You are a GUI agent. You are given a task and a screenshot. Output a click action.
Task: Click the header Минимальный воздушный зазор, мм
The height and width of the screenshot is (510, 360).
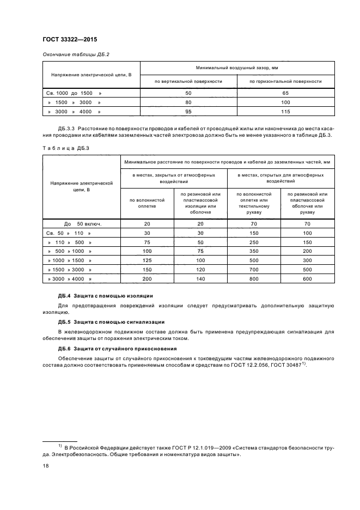[x=237, y=69]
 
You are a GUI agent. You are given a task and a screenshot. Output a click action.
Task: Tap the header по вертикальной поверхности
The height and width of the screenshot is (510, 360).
[x=188, y=81]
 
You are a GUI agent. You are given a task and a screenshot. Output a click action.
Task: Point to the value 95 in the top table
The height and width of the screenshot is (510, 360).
[x=188, y=112]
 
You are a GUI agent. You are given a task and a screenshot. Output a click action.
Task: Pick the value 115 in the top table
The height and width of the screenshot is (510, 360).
[x=285, y=112]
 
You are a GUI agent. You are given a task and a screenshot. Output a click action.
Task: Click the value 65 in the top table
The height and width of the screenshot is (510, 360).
[x=285, y=94]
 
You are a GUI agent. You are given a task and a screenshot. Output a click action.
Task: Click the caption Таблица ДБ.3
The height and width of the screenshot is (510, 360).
[x=61, y=148]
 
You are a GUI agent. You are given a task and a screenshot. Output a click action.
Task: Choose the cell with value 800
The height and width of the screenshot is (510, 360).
[x=254, y=278]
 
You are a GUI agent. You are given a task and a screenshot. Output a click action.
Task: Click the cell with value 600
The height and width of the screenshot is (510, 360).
[x=307, y=278]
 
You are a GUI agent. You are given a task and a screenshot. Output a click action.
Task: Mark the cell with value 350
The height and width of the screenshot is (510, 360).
[x=254, y=251]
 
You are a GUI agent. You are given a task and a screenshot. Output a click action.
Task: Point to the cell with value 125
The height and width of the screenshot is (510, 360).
[x=147, y=260]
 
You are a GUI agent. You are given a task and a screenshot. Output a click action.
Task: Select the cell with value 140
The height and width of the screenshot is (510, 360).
[x=200, y=278]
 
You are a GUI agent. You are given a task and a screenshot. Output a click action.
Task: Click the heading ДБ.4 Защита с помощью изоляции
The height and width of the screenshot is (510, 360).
[x=105, y=295]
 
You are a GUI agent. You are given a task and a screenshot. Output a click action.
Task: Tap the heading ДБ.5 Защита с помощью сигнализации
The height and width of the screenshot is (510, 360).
[x=109, y=321]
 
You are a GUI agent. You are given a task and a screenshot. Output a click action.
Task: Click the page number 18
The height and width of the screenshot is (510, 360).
[x=45, y=466]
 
